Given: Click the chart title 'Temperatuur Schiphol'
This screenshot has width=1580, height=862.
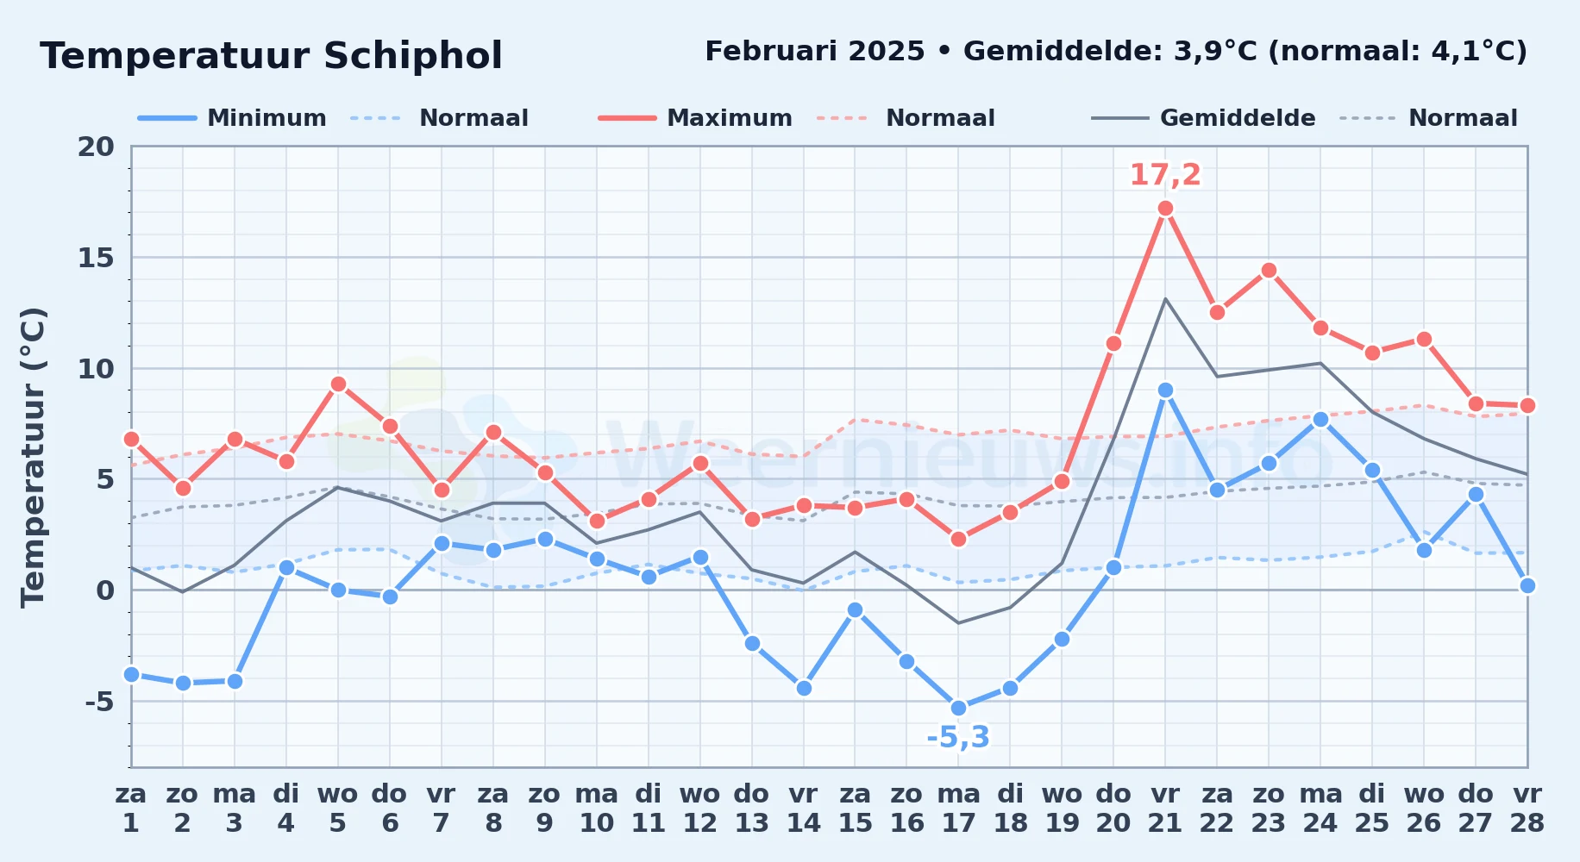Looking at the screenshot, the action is [x=271, y=56].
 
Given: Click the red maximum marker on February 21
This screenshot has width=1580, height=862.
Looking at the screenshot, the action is [x=1165, y=209].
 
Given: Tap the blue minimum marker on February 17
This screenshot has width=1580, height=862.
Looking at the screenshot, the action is [x=958, y=708].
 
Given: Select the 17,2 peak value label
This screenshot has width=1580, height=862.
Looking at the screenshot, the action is [x=1165, y=175].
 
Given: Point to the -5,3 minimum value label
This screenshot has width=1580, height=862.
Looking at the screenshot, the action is [x=958, y=738].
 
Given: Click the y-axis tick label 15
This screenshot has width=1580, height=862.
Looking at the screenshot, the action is [x=96, y=258].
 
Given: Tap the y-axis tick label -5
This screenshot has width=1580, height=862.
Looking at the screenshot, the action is [x=99, y=702].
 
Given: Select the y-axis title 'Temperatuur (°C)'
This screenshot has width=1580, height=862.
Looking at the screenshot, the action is [x=34, y=457].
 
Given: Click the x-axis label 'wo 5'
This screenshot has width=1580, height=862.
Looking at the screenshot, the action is [x=337, y=808].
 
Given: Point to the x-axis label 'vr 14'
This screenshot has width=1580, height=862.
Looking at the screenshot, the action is [x=803, y=808].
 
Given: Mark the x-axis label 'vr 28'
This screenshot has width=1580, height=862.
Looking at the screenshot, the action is [x=1527, y=808].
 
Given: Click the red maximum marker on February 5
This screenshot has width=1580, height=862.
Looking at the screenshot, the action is [x=338, y=384].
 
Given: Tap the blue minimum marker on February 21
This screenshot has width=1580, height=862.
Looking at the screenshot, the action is [x=1165, y=390].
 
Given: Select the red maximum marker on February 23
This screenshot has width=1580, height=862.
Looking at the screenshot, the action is [x=1269, y=271].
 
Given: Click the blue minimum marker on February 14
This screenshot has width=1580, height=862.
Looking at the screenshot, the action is [x=804, y=688].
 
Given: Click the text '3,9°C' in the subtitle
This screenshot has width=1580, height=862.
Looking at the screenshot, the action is [x=1216, y=52].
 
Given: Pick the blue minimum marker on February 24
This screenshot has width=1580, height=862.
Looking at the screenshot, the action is [x=1320, y=420].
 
